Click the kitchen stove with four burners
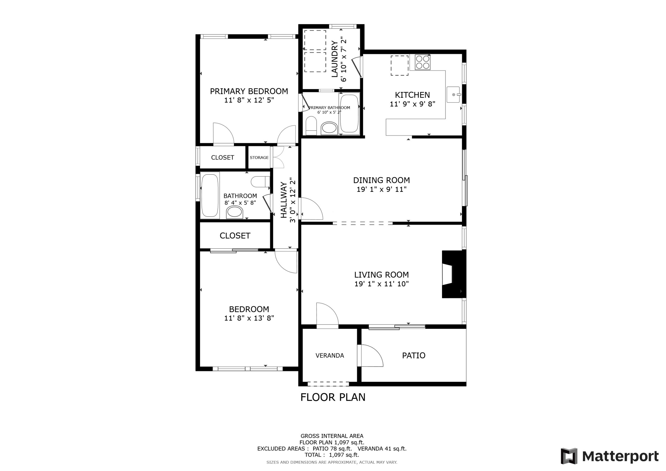pyautogui.click(x=422, y=62)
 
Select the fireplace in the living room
pyautogui.click(x=452, y=274)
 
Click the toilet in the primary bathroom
pyautogui.click(x=311, y=126)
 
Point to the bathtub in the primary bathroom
pyautogui.click(x=349, y=113)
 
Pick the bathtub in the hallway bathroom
pyautogui.click(x=210, y=195)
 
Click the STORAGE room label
pyautogui.click(x=259, y=158)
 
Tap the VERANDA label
pyautogui.click(x=330, y=355)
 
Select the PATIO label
pyautogui.click(x=414, y=355)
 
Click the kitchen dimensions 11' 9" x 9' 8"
pyautogui.click(x=412, y=104)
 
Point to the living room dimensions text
pyautogui.click(x=381, y=284)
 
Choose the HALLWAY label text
pyautogui.click(x=284, y=200)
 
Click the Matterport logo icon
pyautogui.click(x=569, y=456)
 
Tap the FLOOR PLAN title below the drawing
pyautogui.click(x=333, y=397)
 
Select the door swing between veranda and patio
pyautogui.click(x=370, y=355)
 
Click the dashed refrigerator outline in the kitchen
pyautogui.click(x=399, y=66)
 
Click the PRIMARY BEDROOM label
pyautogui.click(x=249, y=91)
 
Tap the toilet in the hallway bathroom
pyautogui.click(x=260, y=182)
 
